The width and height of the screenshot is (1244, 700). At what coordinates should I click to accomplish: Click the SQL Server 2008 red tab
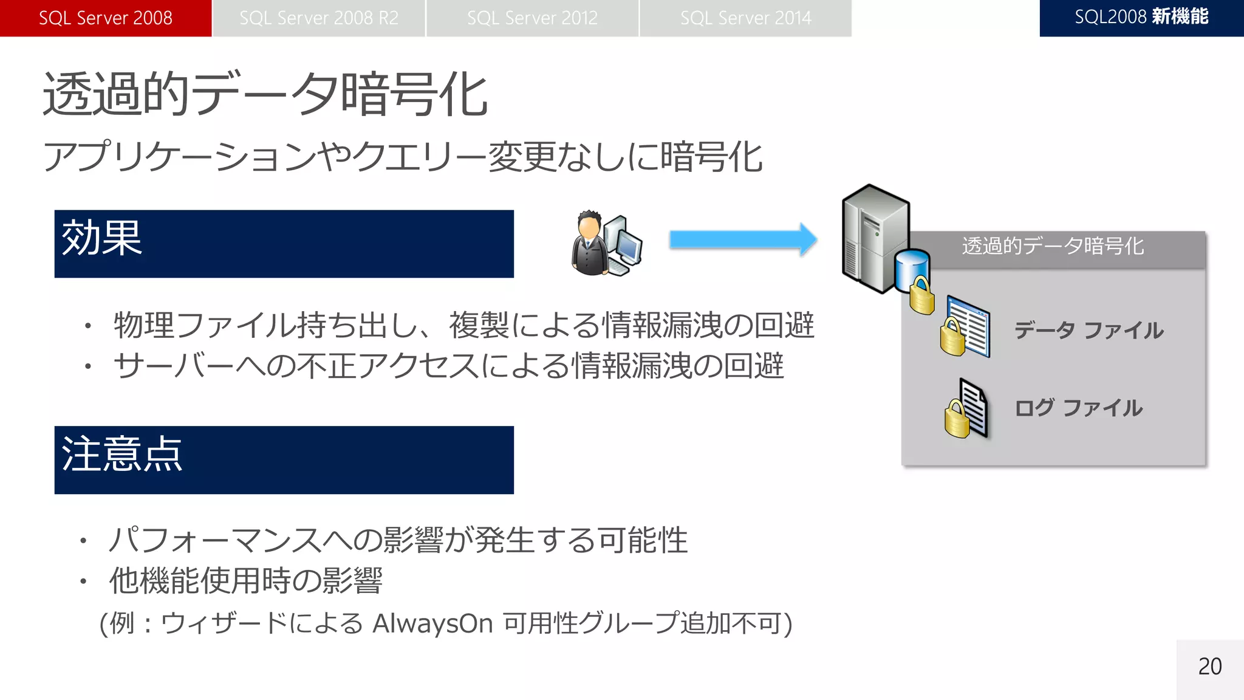click(x=106, y=18)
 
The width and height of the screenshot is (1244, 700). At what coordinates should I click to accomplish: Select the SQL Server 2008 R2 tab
click(x=319, y=18)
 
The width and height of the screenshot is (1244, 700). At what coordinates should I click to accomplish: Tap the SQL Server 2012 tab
click(x=532, y=18)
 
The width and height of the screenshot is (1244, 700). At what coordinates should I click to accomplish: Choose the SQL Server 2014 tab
click(x=745, y=18)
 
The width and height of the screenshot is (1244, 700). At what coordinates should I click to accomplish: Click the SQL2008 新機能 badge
click(x=1141, y=18)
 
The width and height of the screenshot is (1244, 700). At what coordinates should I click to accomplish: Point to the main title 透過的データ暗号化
click(x=265, y=94)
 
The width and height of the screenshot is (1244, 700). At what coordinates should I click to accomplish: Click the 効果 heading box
click(x=284, y=244)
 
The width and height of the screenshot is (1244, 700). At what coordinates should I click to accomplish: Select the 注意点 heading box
click(x=284, y=460)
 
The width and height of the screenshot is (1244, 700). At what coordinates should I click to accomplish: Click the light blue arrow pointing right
click(x=742, y=240)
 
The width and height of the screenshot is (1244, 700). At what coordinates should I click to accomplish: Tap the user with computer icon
click(x=606, y=244)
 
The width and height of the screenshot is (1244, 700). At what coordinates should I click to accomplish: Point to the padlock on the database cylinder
click(x=921, y=296)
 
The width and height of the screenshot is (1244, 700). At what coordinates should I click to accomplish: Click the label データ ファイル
click(x=1088, y=330)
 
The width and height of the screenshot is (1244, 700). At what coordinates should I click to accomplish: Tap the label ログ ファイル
click(x=1078, y=408)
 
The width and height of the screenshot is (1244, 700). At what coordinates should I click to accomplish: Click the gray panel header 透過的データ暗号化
click(x=1053, y=246)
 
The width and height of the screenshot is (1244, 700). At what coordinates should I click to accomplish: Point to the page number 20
click(x=1209, y=667)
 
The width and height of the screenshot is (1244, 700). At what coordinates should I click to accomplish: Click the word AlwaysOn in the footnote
click(x=432, y=623)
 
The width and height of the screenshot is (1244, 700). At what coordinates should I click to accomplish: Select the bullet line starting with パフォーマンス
click(x=398, y=540)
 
